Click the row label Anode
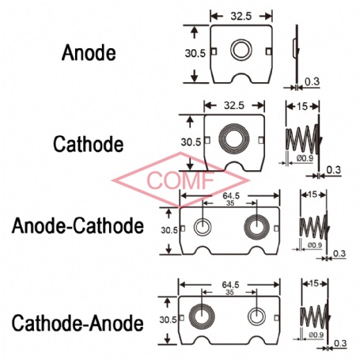coord(89,52)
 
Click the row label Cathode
coord(89,144)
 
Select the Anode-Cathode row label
coord(78,225)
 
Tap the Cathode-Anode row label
coord(78,323)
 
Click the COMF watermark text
coord(180,180)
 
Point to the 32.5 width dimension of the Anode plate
coord(241,17)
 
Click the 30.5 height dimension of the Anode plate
coord(195,54)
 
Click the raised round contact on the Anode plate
coord(241,50)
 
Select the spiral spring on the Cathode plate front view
coord(234,138)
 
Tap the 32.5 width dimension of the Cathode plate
coord(234,106)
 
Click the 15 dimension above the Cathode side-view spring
coord(302,107)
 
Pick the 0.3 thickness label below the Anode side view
coord(313,81)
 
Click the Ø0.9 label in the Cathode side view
coord(305,158)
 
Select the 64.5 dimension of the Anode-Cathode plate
coord(231,195)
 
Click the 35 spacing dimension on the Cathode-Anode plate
coord(230,292)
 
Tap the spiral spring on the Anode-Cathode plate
coord(256,227)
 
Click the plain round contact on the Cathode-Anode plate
coord(256,316)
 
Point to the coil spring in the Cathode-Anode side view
coord(315,316)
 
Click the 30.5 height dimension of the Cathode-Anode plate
coord(168,320)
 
